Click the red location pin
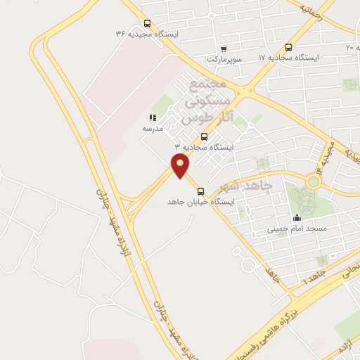pyautogui.click(x=181, y=166)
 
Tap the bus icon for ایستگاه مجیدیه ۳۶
pyautogui.click(x=146, y=22)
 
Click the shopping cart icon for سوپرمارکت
pyautogui.click(x=224, y=49)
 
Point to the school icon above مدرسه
pyautogui.click(x=152, y=118)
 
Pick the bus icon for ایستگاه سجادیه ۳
pyautogui.click(x=204, y=136)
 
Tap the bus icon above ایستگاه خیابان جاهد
pyautogui.click(x=201, y=191)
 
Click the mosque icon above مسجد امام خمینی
pyautogui.click(x=297, y=218)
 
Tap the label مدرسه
pyautogui.click(x=153, y=129)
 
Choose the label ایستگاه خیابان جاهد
pyautogui.click(x=201, y=202)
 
